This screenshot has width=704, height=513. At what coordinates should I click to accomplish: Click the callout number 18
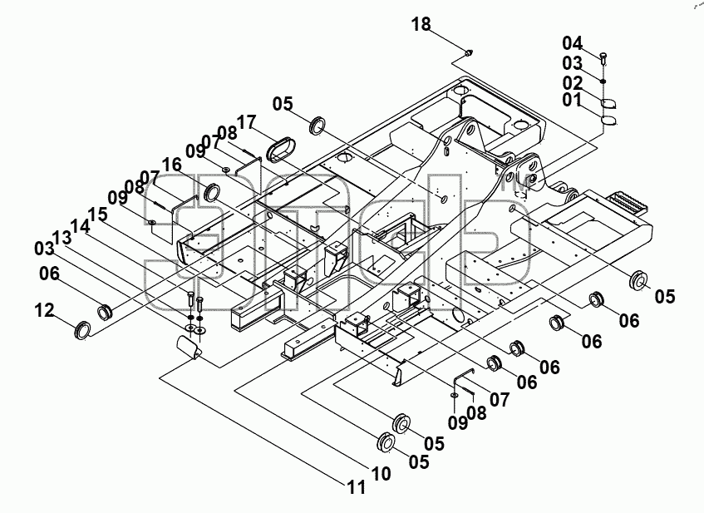point(421,24)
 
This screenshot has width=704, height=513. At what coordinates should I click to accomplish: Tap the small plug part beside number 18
point(470,52)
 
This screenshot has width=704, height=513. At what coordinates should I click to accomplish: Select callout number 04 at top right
point(573,43)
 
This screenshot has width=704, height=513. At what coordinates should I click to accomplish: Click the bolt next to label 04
point(603,58)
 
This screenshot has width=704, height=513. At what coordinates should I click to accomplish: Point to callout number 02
point(573,83)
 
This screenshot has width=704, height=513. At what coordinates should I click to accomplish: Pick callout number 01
point(572,100)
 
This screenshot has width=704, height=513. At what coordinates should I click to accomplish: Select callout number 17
point(247,122)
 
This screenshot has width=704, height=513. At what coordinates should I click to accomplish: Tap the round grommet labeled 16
point(212,192)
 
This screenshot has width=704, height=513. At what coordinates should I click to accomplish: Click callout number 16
point(171,165)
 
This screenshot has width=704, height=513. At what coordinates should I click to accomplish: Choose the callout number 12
point(44,310)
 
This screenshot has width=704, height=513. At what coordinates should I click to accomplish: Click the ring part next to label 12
point(82,330)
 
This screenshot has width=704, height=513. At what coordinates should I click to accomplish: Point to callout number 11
point(356,487)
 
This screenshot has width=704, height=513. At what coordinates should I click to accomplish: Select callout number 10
point(382,473)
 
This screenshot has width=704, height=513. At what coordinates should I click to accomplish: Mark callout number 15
point(98,215)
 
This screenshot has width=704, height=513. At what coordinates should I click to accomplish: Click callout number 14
point(80,226)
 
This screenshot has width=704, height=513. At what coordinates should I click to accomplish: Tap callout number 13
point(62,238)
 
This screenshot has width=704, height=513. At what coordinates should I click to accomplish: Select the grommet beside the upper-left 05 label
point(318,125)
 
